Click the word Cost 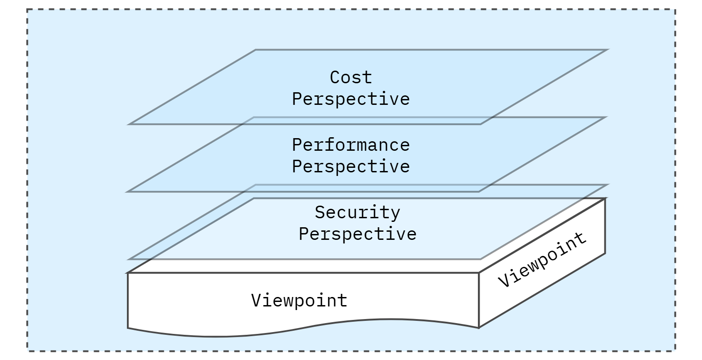coord(351,77)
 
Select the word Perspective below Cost coord(351,99)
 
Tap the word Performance coord(351,145)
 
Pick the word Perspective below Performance coord(351,166)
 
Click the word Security coord(357,212)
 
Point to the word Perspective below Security coord(357,234)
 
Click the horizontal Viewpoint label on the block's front coord(299,300)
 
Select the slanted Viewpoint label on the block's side coord(542,260)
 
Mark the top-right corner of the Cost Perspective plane coord(607,50)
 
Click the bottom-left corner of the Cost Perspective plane coord(129,124)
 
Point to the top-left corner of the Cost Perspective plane coord(256,50)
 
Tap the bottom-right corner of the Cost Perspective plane coord(480,124)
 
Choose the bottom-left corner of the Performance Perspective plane coord(128,191)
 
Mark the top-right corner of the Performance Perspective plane coord(604,117)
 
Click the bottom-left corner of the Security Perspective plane coord(129,259)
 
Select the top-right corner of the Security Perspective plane coord(607,185)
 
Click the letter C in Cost coord(335,77)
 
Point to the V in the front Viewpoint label coord(256,300)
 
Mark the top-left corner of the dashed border coord(27,9)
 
